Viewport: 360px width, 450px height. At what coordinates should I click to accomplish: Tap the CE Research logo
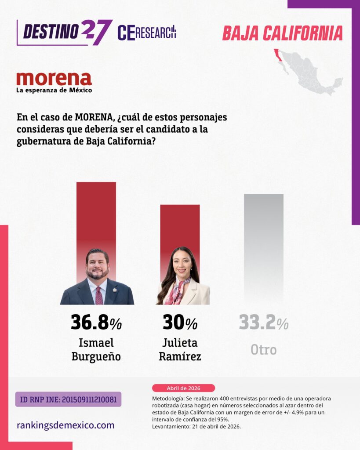pos(147,33)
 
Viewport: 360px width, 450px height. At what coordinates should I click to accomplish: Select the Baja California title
pos(282,33)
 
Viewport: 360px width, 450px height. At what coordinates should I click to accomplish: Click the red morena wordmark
pos(54,79)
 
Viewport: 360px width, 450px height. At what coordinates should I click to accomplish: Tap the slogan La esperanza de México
pos(54,91)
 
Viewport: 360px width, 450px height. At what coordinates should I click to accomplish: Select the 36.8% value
pos(96,323)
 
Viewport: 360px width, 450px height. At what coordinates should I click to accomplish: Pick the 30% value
pos(180,323)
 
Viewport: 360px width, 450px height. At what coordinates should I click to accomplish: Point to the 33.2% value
pos(263,323)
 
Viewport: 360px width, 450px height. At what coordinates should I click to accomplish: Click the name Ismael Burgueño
pos(96,349)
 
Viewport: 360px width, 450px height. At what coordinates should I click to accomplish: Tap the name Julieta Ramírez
pos(180,349)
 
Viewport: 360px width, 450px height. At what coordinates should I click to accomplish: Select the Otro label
pos(263,350)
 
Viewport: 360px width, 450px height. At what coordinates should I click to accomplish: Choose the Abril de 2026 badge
pos(183,388)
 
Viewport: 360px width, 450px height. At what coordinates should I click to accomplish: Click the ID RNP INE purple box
pos(68,399)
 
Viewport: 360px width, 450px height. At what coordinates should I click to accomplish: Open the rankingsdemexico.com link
pos(65,425)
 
